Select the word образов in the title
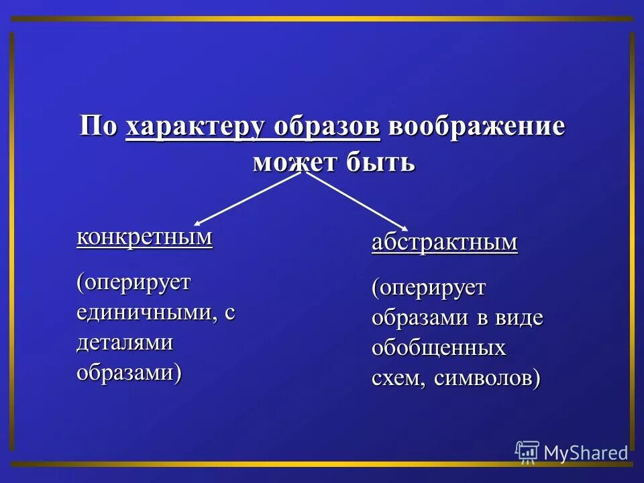point(328,127)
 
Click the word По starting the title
point(99,127)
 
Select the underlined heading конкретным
point(144,237)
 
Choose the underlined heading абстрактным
point(445,242)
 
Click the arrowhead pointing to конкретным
point(198,223)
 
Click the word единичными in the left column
point(145,313)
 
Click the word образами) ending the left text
point(129,372)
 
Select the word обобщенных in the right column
point(439,348)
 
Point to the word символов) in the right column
point(488,379)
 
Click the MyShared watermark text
point(586,453)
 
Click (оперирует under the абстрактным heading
point(429,288)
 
